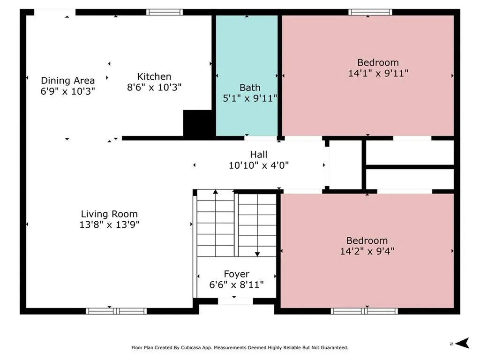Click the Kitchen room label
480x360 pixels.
point(154,76)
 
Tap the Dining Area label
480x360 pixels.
point(67,81)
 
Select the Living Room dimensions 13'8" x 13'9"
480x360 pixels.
point(109,225)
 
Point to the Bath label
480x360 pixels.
point(250,88)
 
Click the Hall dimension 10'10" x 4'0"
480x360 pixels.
point(259,165)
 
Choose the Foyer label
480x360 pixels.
point(236,274)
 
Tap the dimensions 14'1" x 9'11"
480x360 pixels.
point(378,73)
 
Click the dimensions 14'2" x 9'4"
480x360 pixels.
point(367,251)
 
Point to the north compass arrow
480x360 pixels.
point(462,343)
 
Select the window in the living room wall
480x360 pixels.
point(116,311)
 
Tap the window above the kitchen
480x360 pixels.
point(165,12)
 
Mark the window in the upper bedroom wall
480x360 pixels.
point(370,12)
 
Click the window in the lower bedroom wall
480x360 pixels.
point(364,311)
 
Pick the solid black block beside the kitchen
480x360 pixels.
point(199,123)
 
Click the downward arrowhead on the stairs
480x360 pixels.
point(257,254)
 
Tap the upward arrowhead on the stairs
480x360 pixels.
point(216,192)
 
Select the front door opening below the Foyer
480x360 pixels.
point(235,301)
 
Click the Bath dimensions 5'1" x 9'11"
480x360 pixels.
point(250,98)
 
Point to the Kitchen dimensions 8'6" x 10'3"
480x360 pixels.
point(154,87)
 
